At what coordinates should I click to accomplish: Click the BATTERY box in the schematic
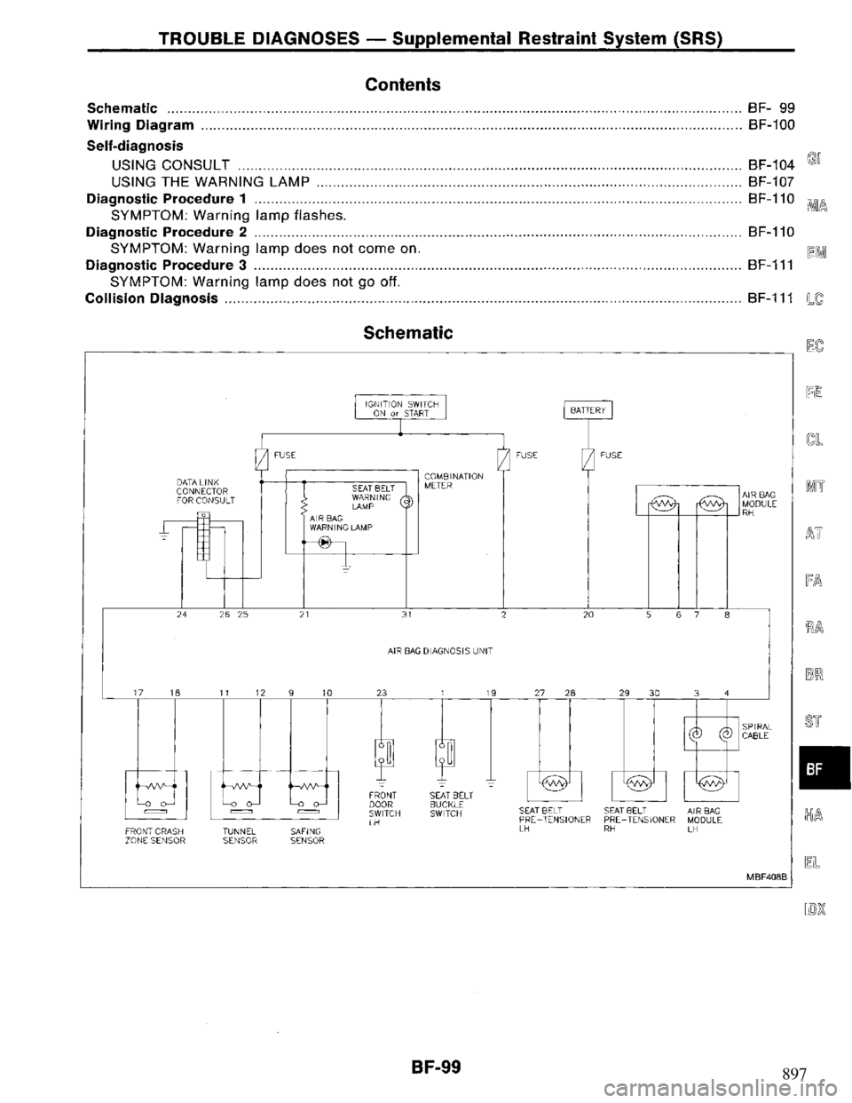coord(587,409)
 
